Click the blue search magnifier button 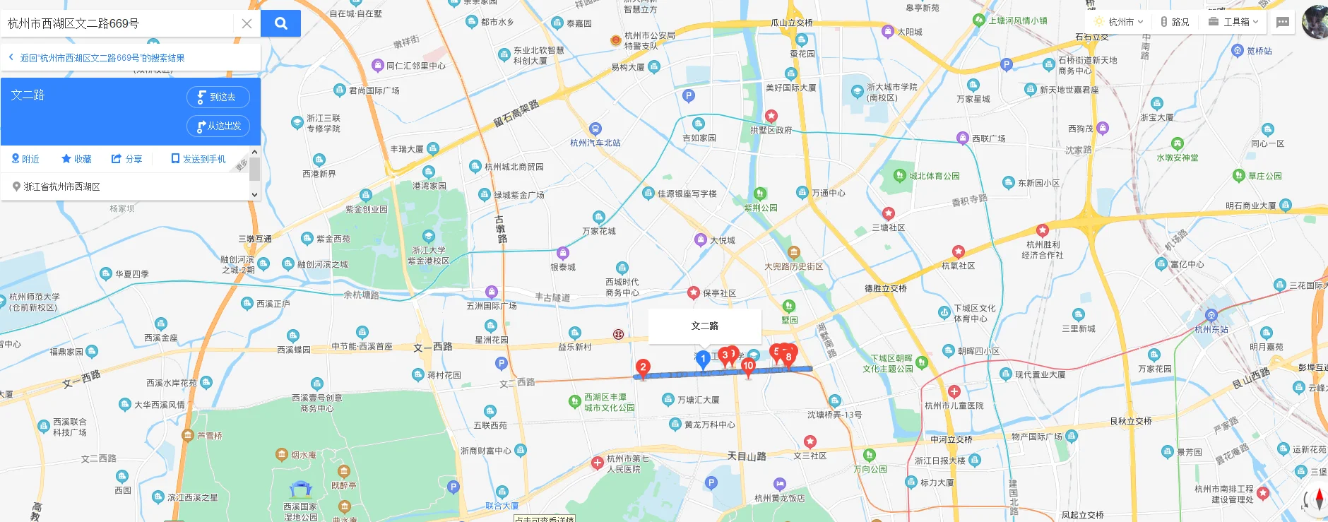[280, 23]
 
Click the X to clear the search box [247, 23]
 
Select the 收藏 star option [76, 159]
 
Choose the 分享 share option [127, 159]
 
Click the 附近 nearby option [25, 159]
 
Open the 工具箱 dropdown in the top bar [1234, 22]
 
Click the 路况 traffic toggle [1175, 22]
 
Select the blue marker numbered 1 [703, 360]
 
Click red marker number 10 [748, 366]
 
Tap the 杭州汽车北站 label [595, 143]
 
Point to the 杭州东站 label [1211, 329]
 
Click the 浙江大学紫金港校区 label [428, 256]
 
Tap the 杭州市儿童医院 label [954, 405]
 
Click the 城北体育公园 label [934, 176]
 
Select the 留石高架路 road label [516, 114]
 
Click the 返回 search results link [102, 58]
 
